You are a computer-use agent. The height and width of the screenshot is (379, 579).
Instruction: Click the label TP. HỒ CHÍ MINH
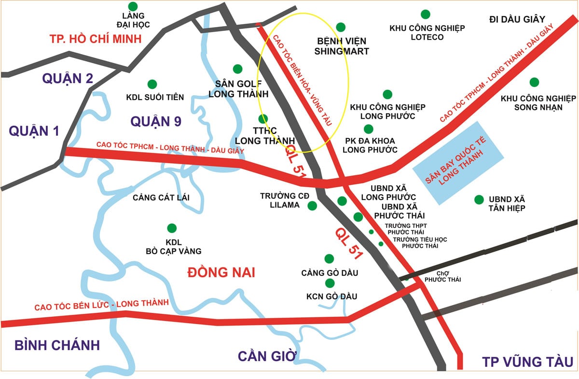click(96, 39)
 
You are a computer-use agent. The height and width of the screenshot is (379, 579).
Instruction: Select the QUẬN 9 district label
click(155, 122)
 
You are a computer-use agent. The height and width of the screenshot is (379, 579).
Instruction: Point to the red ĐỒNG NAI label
click(221, 272)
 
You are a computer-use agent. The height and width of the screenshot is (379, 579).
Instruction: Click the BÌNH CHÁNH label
click(57, 345)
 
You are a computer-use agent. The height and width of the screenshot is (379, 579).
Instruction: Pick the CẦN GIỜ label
click(266, 356)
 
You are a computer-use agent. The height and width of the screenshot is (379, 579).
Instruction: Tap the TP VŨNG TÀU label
click(527, 362)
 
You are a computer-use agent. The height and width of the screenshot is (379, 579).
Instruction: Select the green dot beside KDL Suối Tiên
click(152, 84)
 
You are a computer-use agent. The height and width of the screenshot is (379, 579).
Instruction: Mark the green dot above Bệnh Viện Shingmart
click(341, 27)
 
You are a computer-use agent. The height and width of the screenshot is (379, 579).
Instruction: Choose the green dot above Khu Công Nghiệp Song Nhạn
click(534, 82)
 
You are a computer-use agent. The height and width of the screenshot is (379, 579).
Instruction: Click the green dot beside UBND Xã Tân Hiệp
click(479, 199)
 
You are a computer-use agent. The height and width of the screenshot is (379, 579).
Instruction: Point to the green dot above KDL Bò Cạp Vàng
click(171, 228)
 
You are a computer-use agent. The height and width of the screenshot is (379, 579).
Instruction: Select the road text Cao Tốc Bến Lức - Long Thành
click(101, 305)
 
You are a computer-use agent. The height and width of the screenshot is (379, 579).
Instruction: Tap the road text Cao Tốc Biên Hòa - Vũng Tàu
click(303, 80)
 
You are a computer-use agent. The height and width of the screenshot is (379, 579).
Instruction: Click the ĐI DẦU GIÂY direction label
click(517, 19)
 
